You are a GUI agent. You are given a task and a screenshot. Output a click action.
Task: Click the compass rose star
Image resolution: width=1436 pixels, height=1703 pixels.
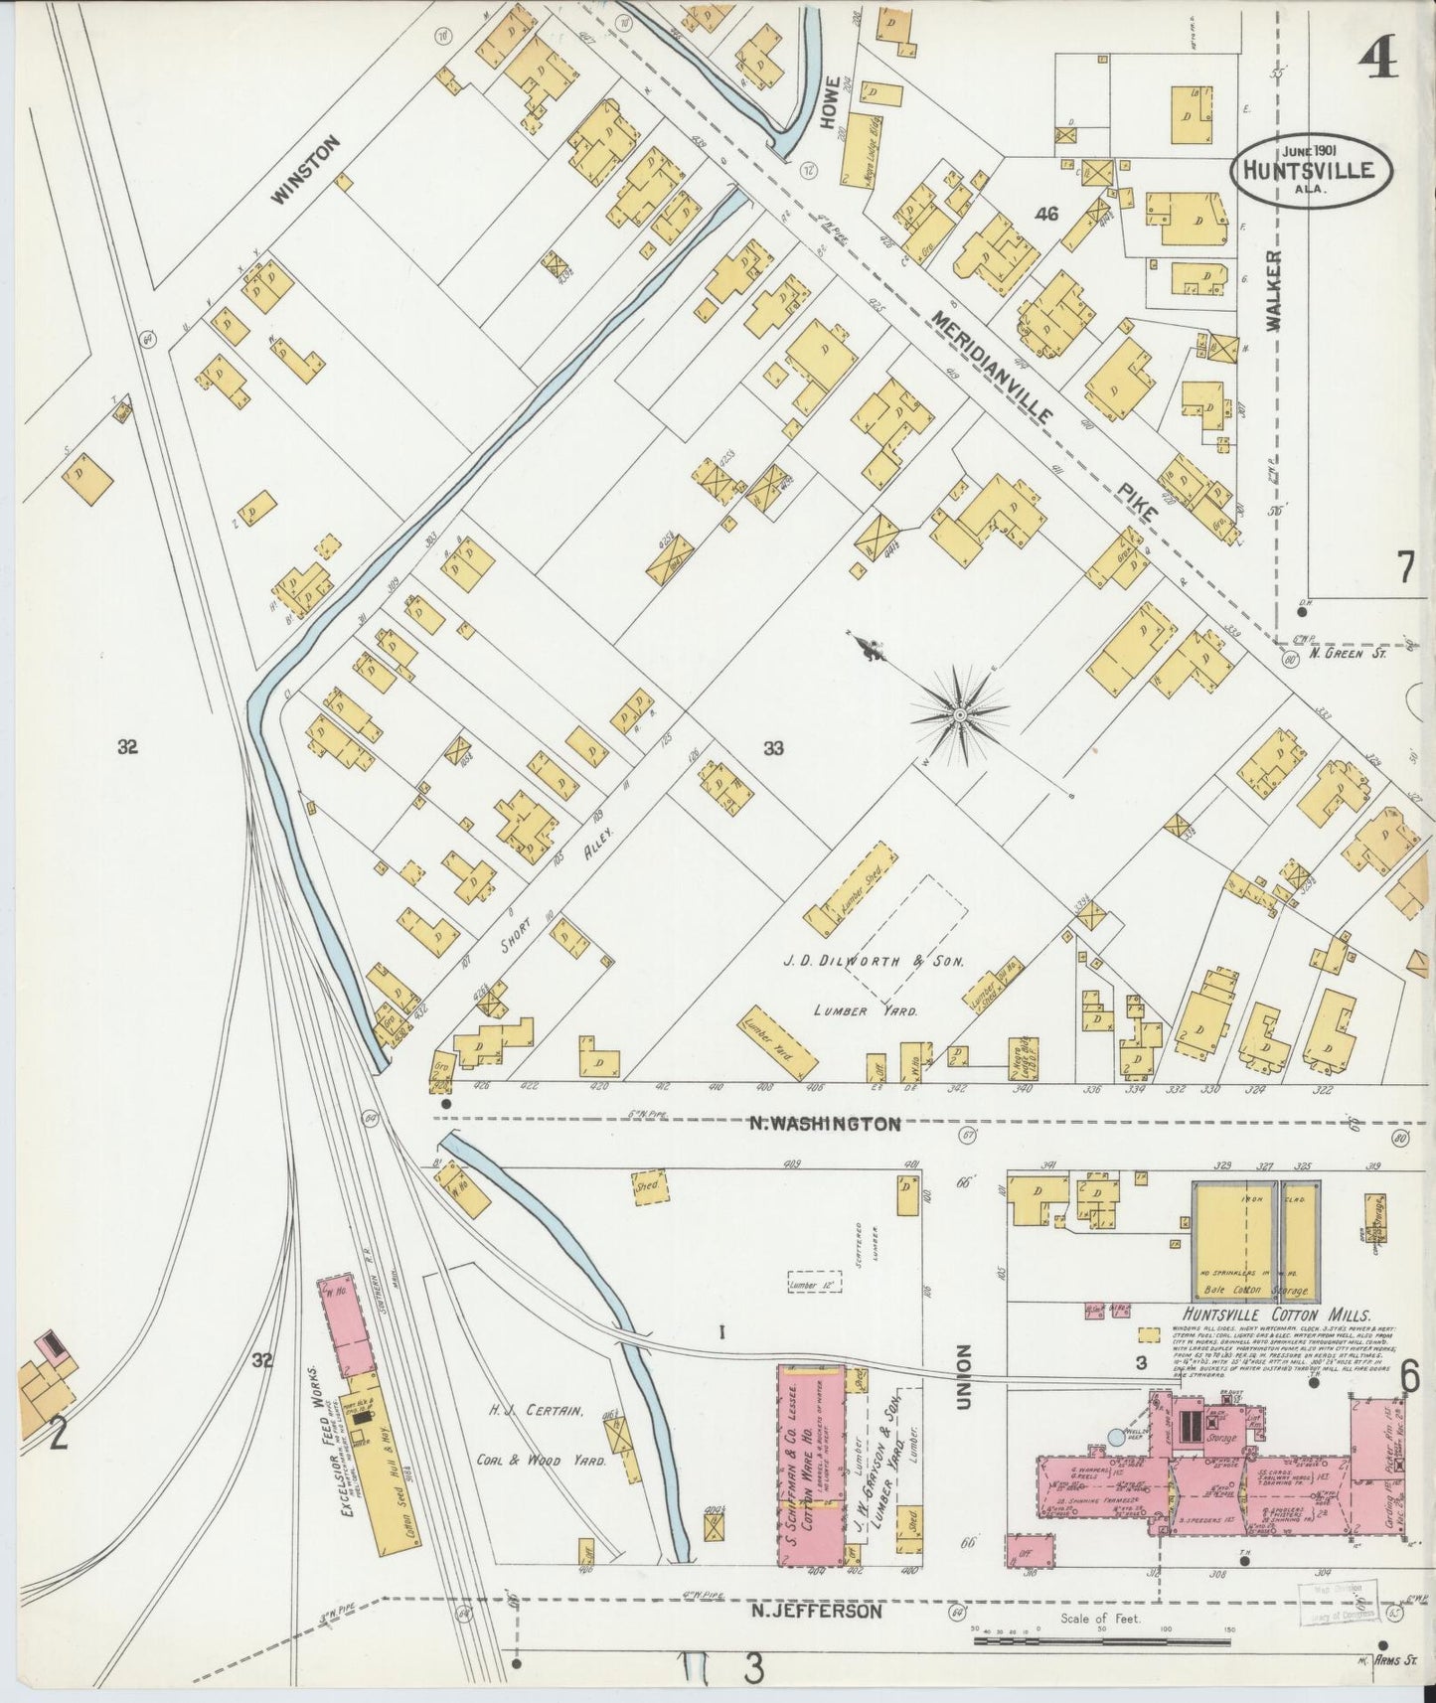[x=960, y=713]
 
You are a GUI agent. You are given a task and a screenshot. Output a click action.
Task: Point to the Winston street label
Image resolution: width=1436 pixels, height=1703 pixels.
[x=306, y=169]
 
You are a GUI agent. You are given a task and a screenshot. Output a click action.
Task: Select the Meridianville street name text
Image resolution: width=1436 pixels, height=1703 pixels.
[x=993, y=367]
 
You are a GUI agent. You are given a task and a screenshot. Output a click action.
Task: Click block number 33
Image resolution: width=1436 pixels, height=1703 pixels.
[x=773, y=749]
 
